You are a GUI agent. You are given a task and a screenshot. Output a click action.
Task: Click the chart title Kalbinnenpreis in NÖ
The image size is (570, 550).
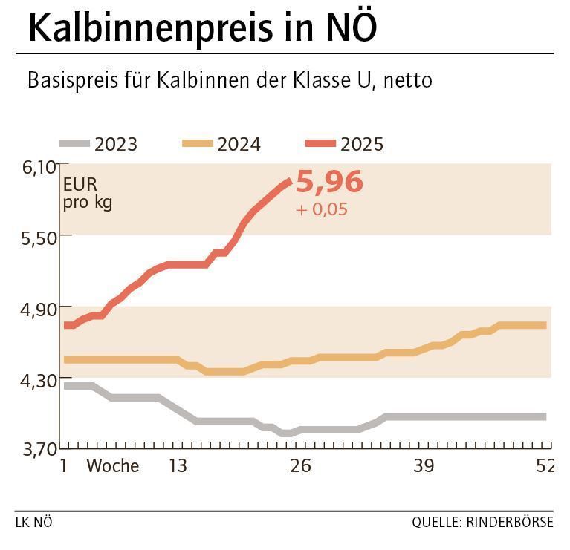pos(202,28)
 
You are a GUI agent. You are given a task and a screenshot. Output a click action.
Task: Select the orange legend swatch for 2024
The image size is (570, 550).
pos(197,143)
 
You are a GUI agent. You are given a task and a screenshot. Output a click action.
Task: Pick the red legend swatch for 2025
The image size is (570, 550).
pos(320,143)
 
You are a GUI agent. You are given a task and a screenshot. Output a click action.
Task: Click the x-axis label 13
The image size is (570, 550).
pos(178,466)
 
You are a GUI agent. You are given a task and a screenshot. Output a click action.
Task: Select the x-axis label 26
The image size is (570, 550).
pos(300,466)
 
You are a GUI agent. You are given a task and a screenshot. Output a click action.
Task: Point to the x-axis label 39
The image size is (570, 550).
pos(423,466)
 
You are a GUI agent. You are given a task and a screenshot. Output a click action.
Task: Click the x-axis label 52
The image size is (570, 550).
pos(545,466)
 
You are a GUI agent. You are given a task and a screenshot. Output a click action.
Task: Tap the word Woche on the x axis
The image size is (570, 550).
pos(113,466)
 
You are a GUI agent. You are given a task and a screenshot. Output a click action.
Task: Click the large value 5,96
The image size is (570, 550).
pos(329,183)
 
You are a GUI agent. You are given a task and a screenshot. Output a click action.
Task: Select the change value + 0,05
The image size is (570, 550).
pos(321,209)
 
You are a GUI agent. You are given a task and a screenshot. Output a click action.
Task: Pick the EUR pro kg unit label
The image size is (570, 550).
pos(87,193)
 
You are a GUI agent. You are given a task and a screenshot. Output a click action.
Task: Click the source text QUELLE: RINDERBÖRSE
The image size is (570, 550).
pos(482,522)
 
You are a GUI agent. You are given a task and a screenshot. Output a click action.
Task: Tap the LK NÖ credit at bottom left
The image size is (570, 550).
pos(33,522)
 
